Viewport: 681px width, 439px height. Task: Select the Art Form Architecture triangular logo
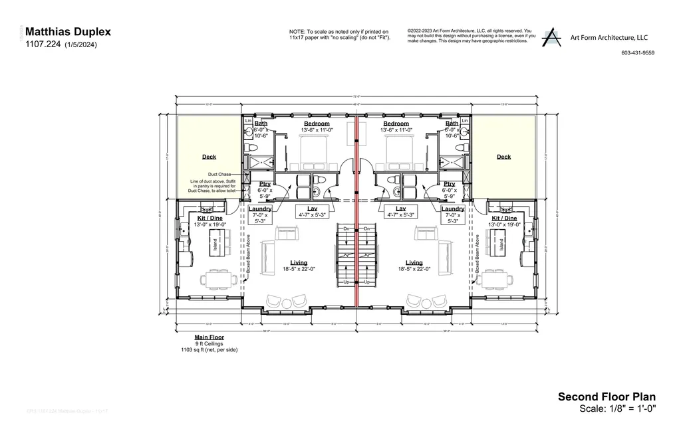551,38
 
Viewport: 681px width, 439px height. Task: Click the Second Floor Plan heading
607,397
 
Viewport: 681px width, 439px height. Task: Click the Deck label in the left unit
209,157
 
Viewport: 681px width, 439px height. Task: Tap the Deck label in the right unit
503,157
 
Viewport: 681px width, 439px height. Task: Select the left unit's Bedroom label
317,124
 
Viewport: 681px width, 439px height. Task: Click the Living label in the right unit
414,262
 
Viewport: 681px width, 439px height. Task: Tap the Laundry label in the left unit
259,209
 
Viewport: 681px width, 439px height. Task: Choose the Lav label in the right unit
401,209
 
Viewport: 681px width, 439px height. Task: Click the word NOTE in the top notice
297,32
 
